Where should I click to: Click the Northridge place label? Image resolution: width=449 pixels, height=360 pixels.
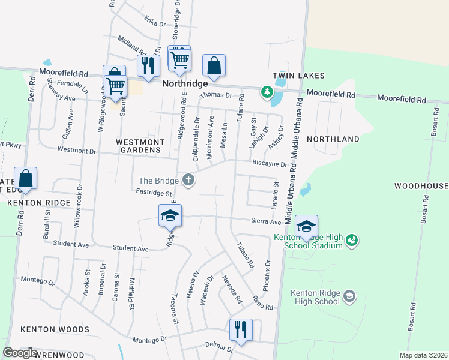185,84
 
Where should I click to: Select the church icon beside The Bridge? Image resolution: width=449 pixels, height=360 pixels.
188,180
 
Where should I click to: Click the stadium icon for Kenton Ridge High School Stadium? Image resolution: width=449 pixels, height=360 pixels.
352,241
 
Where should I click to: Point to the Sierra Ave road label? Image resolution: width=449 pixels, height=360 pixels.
267,221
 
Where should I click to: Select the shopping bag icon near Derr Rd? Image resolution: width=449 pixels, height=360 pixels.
26,178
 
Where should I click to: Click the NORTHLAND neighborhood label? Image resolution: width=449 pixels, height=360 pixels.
333,139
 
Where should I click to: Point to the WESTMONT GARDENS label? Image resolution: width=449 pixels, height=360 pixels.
140,146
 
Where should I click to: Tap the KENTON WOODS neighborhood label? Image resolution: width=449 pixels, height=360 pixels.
55,329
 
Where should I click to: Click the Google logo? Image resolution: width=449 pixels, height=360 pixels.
20,353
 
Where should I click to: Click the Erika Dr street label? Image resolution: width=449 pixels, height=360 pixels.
155,22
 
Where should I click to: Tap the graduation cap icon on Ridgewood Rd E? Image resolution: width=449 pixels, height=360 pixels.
170,215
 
